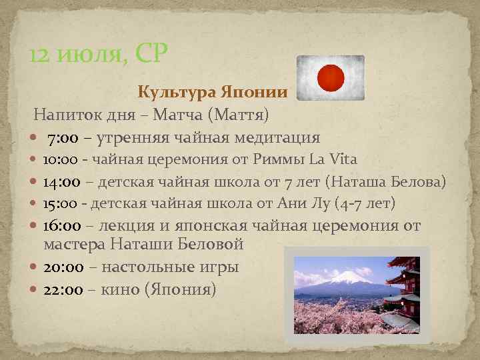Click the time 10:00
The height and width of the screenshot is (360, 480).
(x=62, y=159)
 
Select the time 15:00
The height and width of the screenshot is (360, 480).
(x=62, y=202)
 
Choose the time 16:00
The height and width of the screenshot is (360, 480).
(x=62, y=225)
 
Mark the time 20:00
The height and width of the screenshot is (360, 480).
(x=63, y=267)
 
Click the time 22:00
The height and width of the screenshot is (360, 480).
(x=63, y=290)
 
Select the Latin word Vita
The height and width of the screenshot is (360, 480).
(x=343, y=159)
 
